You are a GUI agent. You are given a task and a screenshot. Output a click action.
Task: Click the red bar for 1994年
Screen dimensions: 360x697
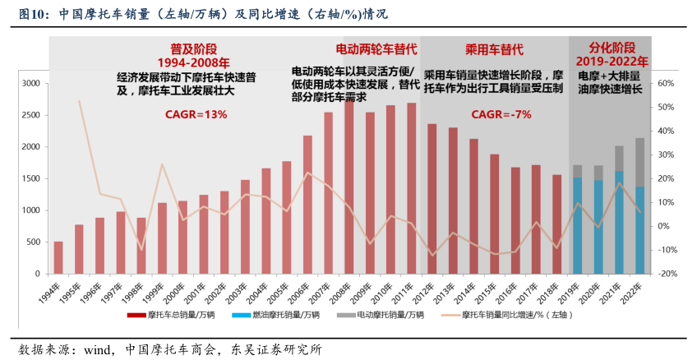click(58, 257)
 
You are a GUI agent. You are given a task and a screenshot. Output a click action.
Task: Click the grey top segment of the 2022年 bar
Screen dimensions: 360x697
click(639, 162)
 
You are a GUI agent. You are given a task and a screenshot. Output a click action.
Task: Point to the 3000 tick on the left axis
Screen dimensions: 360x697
click(30, 83)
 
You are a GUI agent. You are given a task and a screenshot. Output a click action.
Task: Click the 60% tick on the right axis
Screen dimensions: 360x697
click(666, 83)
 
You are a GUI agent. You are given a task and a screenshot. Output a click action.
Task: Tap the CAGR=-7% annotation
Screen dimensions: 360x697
click(501, 114)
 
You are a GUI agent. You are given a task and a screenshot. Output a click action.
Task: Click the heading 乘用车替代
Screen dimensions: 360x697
click(494, 48)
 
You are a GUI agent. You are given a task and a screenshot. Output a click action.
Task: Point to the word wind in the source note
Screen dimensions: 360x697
click(99, 348)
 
